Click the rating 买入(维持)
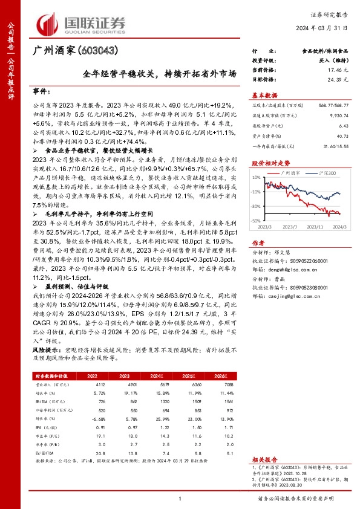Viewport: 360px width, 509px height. tap(330, 61)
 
